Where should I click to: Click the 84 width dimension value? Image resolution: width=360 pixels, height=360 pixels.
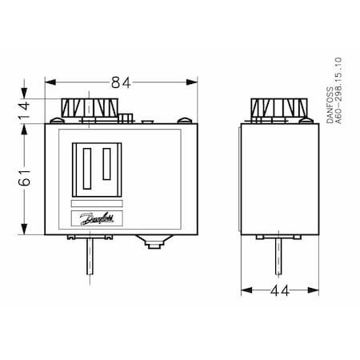[x=121, y=82]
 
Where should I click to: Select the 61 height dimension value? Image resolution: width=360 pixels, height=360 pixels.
[x=24, y=177]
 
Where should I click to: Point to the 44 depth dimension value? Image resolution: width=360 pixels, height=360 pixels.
[x=280, y=290]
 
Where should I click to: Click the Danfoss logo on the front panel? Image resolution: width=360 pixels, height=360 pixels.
[x=97, y=218]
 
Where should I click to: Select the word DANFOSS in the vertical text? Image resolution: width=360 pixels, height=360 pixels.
[x=330, y=105]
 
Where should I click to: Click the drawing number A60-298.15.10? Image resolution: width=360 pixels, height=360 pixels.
[x=338, y=90]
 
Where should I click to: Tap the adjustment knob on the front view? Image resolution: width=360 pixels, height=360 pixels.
[x=90, y=108]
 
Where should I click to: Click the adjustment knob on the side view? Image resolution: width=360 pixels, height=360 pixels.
[x=279, y=108]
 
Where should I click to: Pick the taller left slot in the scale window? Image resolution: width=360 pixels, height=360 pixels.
[x=87, y=169]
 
